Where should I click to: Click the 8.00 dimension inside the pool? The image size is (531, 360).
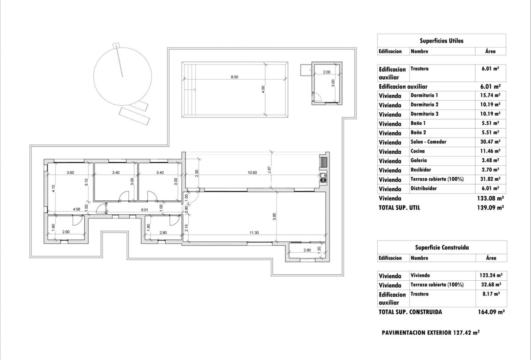point(234,77)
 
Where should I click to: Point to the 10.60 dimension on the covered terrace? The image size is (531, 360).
point(252,173)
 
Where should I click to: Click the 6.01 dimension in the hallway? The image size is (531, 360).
point(144,209)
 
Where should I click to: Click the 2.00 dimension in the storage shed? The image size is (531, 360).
point(326,72)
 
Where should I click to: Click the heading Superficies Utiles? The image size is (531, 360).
point(441,41)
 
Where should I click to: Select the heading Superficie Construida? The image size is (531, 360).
point(442,247)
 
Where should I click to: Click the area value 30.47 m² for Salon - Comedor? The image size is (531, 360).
point(490,142)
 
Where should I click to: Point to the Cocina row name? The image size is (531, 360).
point(418,151)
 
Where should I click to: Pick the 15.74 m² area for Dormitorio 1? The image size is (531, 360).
point(490,95)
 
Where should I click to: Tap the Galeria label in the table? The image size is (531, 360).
point(419,160)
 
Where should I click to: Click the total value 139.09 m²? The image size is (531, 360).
point(491,208)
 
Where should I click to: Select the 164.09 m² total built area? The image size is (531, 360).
point(491,311)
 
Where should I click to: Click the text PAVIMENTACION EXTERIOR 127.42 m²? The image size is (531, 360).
point(430,333)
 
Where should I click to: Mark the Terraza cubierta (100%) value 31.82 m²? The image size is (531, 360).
point(490,179)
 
